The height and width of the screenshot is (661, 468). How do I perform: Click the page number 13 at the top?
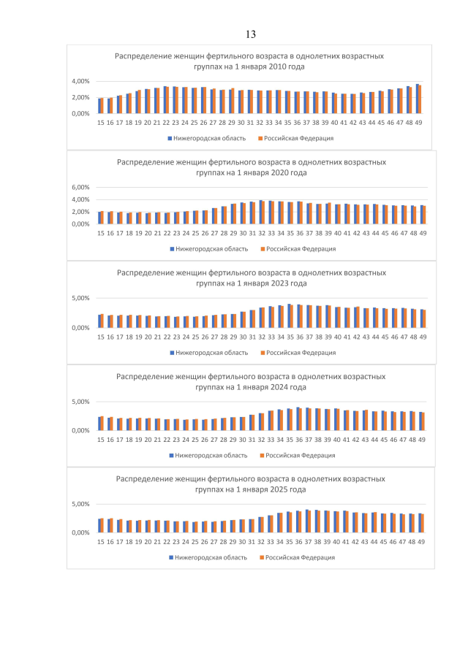click(x=250, y=34)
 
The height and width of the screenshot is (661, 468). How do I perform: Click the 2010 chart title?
click(x=249, y=61)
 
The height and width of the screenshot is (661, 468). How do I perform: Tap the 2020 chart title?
click(x=251, y=167)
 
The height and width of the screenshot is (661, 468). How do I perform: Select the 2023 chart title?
click(x=251, y=278)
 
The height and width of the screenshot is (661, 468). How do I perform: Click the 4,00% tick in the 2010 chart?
click(x=80, y=81)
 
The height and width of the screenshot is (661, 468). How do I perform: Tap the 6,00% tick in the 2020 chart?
click(x=80, y=187)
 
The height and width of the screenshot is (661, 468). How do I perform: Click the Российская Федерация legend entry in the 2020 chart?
click(x=300, y=248)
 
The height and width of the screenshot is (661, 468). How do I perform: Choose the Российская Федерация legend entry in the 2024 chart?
click(x=300, y=455)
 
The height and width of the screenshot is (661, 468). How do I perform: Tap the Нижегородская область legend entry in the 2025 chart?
click(x=208, y=557)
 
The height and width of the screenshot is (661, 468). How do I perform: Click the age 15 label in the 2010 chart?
click(x=100, y=123)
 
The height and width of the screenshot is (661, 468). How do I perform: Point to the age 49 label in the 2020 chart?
click(x=421, y=233)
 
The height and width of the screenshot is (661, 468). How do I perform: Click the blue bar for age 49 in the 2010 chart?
click(x=418, y=99)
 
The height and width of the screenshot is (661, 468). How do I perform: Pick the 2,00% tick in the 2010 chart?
click(x=80, y=97)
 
